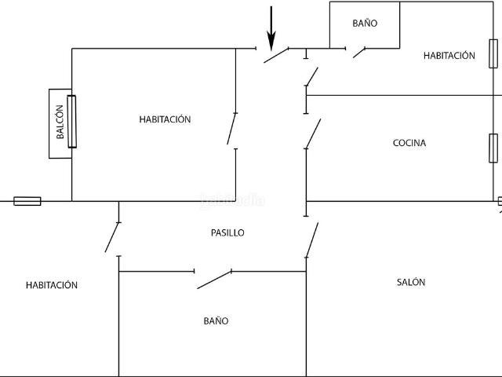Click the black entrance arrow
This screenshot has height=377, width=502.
point(271,28)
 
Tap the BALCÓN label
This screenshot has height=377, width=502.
point(60,122)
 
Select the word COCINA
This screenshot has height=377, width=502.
point(409,143)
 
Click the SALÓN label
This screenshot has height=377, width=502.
point(411,282)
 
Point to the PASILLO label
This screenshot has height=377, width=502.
point(227,232)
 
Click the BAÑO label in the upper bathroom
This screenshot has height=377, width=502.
point(365,23)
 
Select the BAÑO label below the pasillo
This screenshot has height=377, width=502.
point(216,321)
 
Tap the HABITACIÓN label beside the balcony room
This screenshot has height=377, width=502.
point(165,119)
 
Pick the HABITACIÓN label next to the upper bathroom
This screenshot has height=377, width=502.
point(449,56)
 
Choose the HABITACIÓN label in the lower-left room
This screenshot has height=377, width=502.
point(52,285)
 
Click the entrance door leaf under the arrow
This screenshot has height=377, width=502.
point(276,55)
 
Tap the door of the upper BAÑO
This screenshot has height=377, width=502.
point(359,53)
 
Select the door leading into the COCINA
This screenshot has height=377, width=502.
point(313,134)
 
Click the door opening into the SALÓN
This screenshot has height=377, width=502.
point(312,240)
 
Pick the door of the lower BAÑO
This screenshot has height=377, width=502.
point(214,280)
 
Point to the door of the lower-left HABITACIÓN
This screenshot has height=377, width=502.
point(111,237)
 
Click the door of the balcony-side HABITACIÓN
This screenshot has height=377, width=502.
point(231,129)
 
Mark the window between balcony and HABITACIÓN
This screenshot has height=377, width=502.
point(72,122)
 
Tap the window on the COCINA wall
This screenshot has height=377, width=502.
point(493,148)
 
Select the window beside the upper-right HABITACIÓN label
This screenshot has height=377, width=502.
point(493,53)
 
